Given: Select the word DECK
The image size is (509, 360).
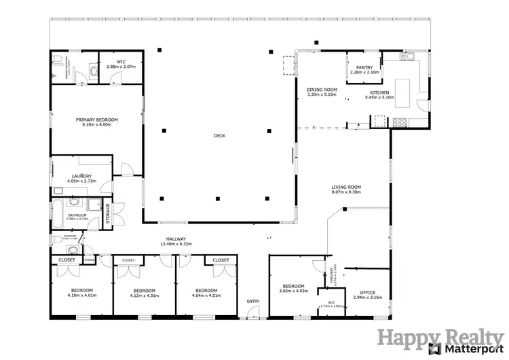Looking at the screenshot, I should coord(219,136).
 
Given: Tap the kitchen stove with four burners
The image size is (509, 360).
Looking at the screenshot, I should coord(400,122).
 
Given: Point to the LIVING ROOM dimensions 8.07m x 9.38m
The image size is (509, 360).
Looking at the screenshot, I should coord(345,192).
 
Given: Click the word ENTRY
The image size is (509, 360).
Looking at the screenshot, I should coord(253,301).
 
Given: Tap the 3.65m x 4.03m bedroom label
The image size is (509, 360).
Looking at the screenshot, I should coord(293,291).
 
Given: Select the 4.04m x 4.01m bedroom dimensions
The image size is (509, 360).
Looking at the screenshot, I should coord(206,295).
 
